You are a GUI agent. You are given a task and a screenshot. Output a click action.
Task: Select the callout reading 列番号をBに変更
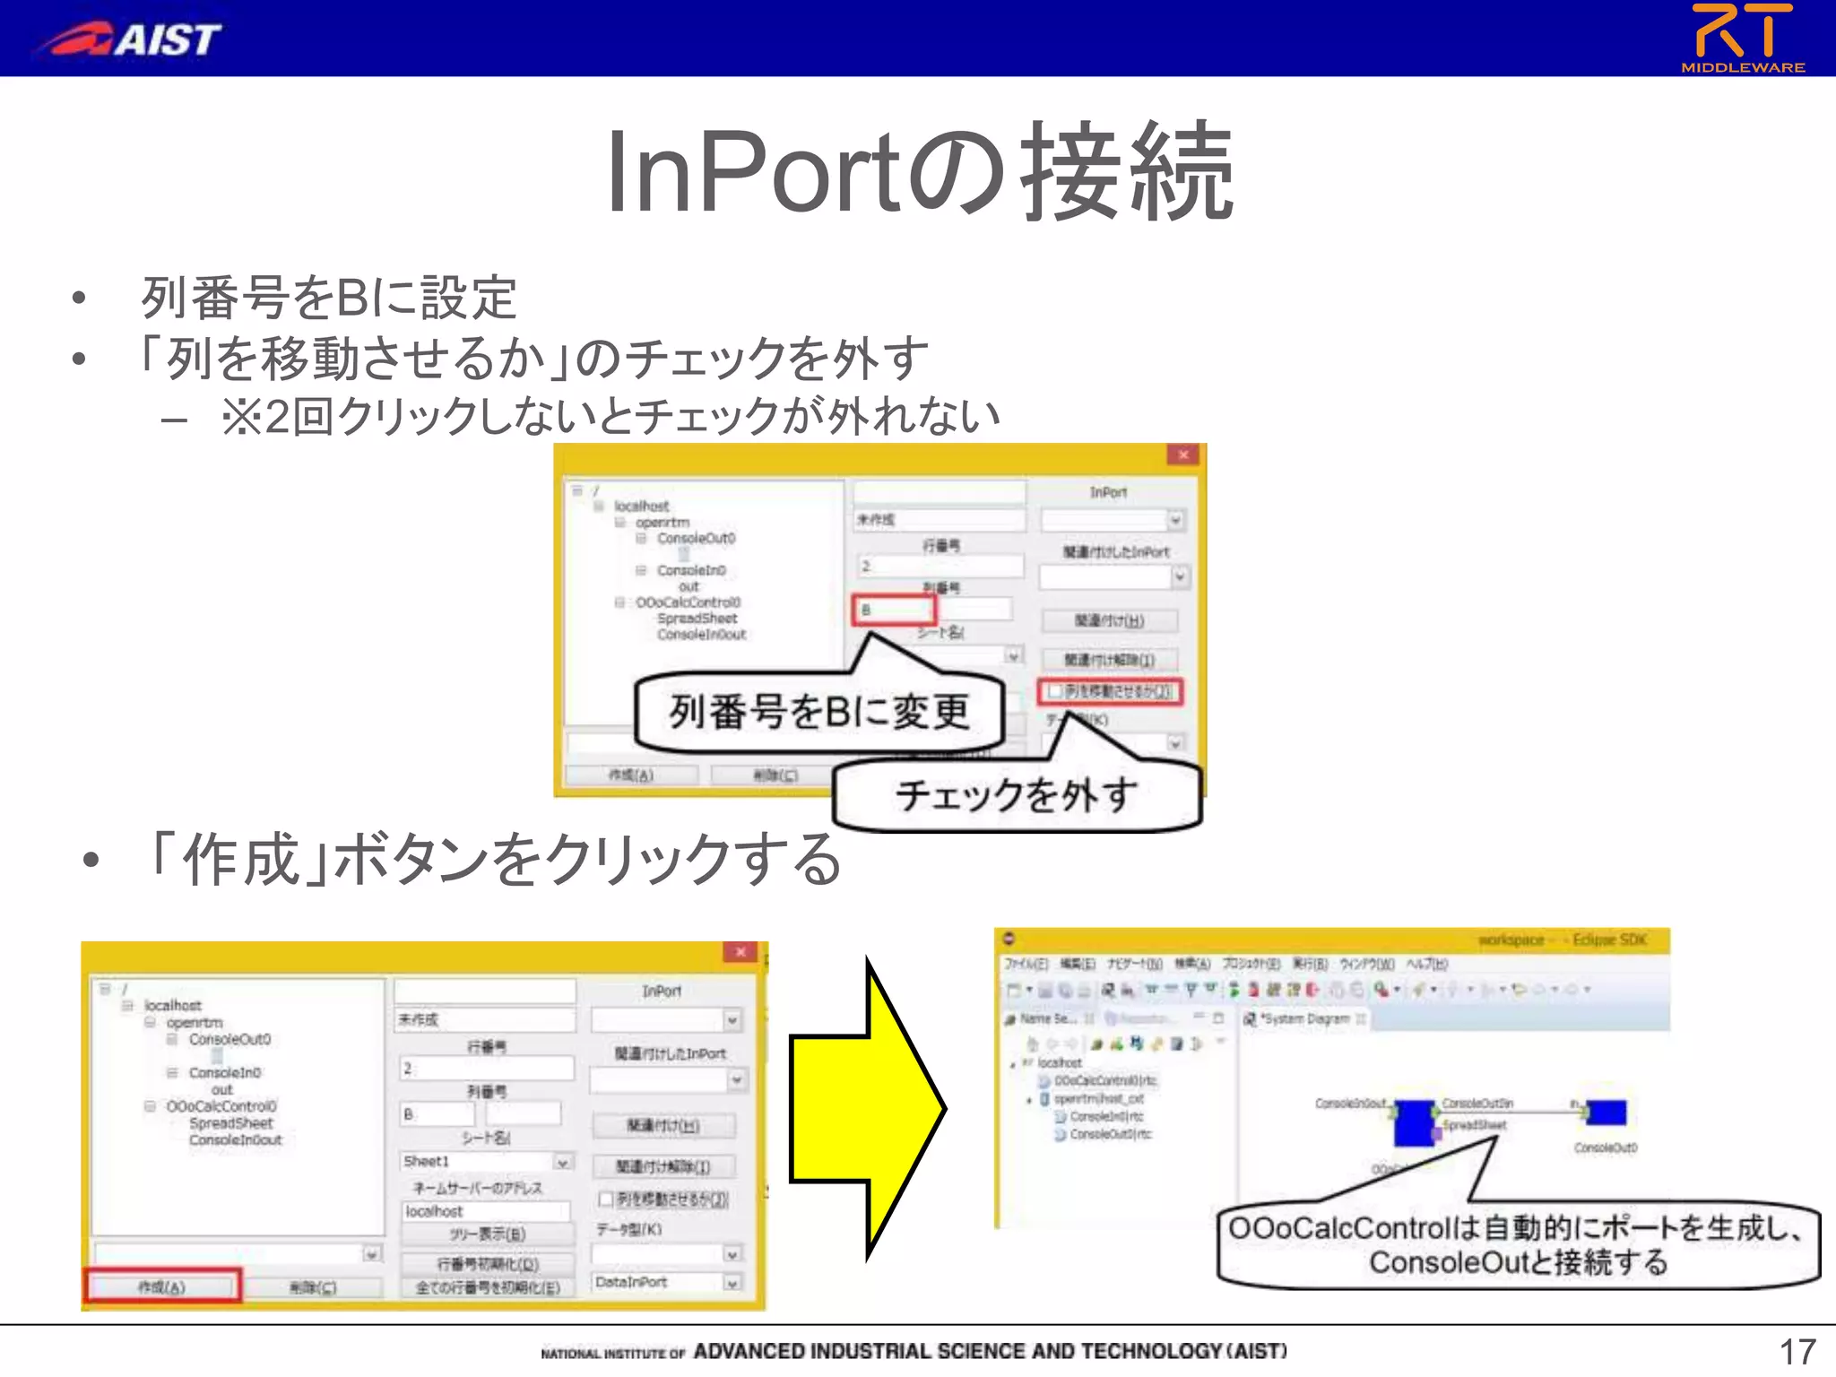tap(819, 712)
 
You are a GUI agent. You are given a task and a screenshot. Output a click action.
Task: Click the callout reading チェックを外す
tap(1017, 795)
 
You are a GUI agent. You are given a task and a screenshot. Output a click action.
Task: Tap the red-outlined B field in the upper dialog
tap(893, 611)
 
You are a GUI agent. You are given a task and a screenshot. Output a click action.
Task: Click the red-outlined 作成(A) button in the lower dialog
tap(162, 1286)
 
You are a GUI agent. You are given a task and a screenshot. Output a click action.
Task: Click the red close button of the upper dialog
tap(1182, 455)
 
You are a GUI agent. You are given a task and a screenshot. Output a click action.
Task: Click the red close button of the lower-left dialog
tap(740, 952)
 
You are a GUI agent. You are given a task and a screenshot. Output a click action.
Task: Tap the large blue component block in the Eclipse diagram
tap(1415, 1121)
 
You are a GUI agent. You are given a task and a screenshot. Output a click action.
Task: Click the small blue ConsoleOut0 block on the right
tap(1606, 1113)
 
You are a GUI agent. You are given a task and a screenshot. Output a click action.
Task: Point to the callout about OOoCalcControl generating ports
tap(1517, 1244)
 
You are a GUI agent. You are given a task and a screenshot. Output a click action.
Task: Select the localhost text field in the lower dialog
tap(485, 1212)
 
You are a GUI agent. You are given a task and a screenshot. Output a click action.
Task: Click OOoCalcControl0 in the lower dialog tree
tap(221, 1106)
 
